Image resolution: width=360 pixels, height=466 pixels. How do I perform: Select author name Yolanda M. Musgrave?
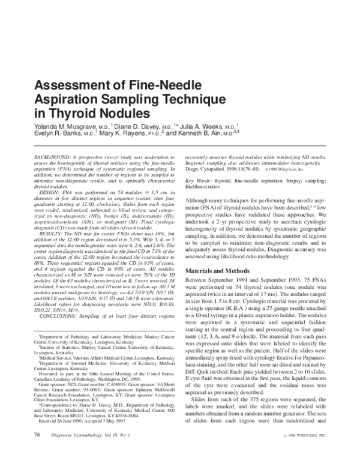58,127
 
